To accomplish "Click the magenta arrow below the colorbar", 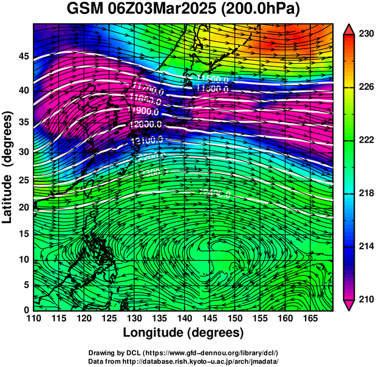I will pos(350,305).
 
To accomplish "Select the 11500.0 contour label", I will pos(212,79).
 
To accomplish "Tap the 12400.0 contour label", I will pos(214,194).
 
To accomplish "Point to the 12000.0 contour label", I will pos(146,124).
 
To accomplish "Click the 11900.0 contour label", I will pos(144,111).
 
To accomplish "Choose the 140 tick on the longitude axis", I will pos(185,318).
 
